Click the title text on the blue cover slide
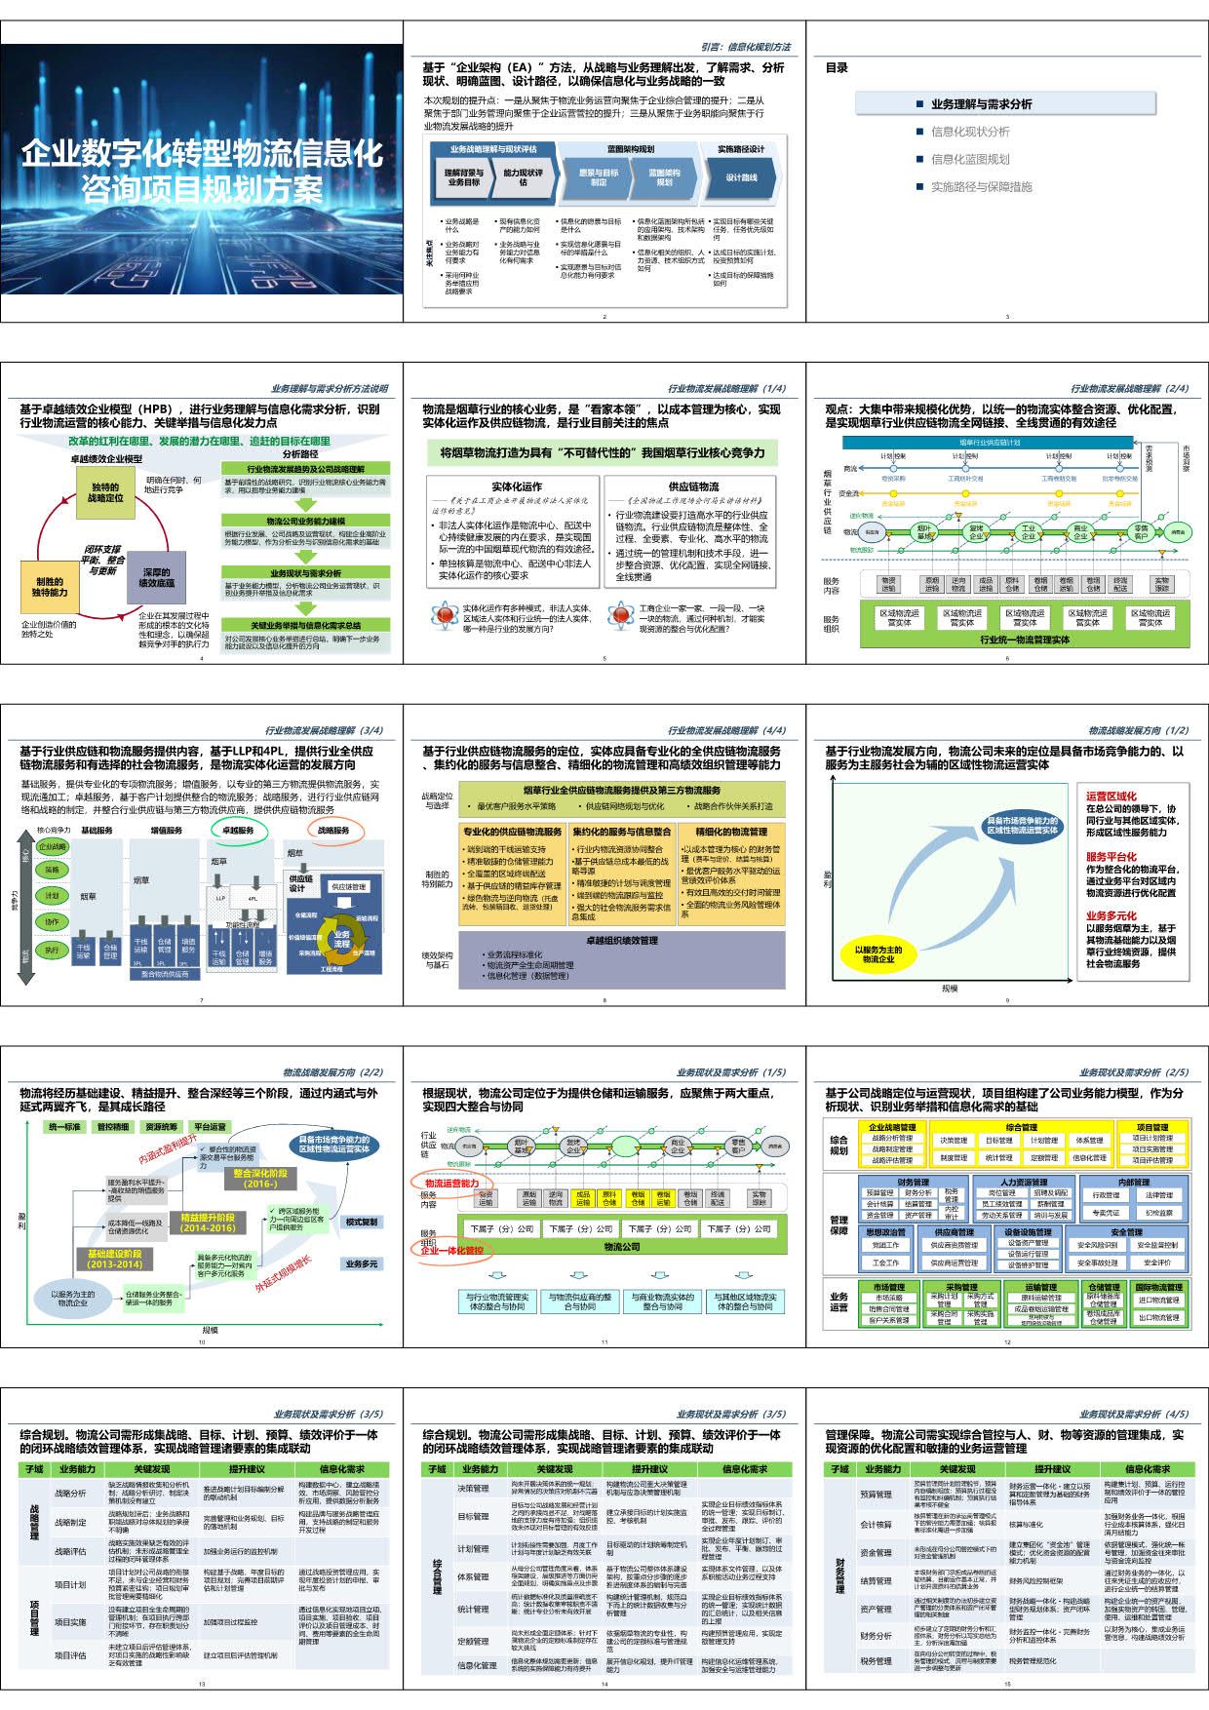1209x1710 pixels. tap(202, 171)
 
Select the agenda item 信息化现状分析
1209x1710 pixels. tap(970, 132)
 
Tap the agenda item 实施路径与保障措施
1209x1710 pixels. tap(981, 186)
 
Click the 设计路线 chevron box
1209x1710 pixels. tap(742, 177)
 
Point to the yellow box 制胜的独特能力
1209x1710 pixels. tap(50, 587)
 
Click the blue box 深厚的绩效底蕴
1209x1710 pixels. tap(156, 577)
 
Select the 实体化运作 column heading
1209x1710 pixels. tap(516, 486)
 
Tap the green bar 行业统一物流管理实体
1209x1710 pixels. tap(1024, 640)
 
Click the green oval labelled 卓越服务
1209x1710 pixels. tap(239, 830)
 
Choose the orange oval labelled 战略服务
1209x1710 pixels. tap(334, 830)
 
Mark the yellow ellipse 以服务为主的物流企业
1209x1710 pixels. tap(878, 954)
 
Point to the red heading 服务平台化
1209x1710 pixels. tap(1111, 857)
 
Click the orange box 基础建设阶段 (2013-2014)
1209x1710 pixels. tap(115, 1259)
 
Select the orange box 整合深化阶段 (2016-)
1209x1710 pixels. tap(260, 1179)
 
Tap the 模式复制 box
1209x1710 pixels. tap(361, 1222)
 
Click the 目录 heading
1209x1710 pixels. tap(837, 68)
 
